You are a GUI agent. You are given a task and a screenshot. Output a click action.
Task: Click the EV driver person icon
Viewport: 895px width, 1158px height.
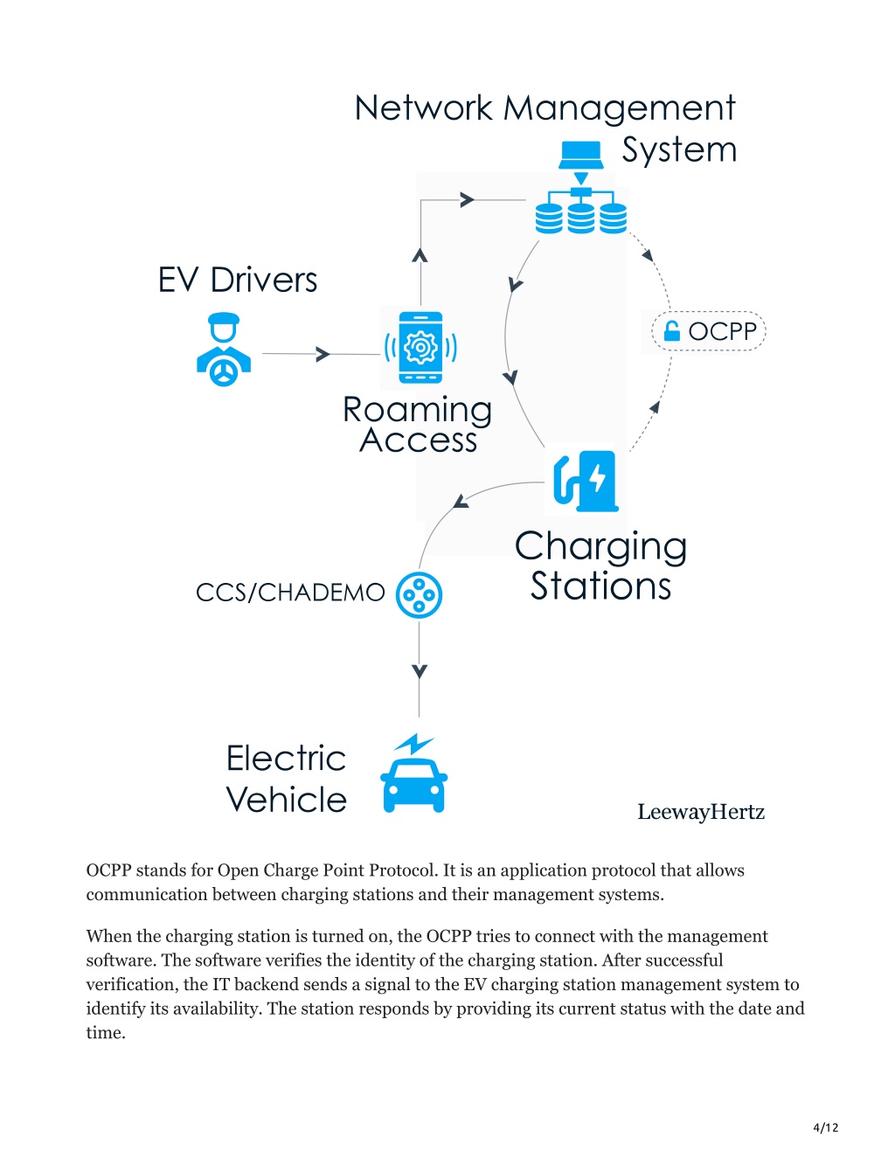(x=224, y=350)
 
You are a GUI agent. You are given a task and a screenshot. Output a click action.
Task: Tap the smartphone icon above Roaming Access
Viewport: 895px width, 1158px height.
(x=420, y=348)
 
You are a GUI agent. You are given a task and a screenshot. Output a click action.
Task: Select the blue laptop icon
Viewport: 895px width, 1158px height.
(x=580, y=155)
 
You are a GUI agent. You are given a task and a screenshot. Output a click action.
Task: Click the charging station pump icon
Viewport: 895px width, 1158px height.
(x=586, y=482)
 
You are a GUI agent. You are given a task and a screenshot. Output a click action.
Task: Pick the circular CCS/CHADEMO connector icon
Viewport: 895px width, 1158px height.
(x=419, y=594)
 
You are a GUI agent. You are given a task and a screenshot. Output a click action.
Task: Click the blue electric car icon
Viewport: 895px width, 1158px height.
(x=414, y=786)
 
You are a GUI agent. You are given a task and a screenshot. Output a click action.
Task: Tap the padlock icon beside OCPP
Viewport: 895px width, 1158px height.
(x=672, y=331)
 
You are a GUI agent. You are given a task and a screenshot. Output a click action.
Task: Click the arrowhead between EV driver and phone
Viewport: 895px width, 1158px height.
(x=323, y=354)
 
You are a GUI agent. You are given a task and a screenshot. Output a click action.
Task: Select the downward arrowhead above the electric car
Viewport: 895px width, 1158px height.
(x=420, y=671)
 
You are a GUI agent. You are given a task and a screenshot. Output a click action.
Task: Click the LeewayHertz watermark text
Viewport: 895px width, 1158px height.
(x=701, y=812)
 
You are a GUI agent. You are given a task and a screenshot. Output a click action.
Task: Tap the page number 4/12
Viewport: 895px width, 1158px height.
(x=825, y=1127)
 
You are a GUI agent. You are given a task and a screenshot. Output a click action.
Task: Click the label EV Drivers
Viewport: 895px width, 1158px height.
(x=238, y=280)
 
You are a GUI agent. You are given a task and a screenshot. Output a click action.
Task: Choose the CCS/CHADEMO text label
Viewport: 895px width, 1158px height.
(x=290, y=593)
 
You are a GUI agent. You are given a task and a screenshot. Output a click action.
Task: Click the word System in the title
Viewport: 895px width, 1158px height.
(x=679, y=149)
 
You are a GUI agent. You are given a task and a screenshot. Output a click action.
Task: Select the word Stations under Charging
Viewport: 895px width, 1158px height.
(x=600, y=586)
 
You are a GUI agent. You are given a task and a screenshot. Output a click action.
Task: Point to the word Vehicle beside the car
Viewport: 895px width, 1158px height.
(x=286, y=800)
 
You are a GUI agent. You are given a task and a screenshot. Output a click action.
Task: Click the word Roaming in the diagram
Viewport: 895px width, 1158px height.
(x=417, y=411)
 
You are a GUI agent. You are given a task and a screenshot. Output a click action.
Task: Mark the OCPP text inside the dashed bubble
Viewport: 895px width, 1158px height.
(x=723, y=331)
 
